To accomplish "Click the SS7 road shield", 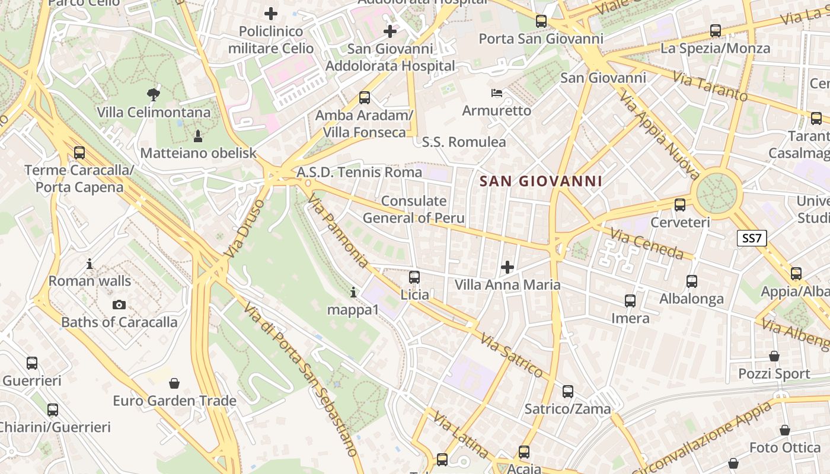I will pos(752,239).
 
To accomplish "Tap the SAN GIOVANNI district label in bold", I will pos(541,181).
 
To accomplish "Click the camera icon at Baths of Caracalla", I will pos(119,305).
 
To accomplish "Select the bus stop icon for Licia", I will pos(414,277).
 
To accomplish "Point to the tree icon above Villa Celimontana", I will pos(154,94).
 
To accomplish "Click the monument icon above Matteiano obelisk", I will pos(198,136).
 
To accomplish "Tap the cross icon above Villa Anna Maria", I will pos(507,267).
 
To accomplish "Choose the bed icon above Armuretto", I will pos(497,92).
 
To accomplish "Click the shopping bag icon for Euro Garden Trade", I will pos(174,383).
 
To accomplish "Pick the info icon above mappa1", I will pos(353,292).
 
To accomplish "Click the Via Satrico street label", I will pos(512,355).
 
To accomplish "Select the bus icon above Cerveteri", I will pos(680,205).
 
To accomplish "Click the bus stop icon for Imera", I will pos(630,301).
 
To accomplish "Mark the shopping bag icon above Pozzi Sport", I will pos(774,356).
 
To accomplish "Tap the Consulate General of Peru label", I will pos(414,209).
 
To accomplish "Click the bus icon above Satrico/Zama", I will pos(568,392).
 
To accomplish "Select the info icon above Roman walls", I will pos(90,263).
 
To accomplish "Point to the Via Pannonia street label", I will pos(339,232).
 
